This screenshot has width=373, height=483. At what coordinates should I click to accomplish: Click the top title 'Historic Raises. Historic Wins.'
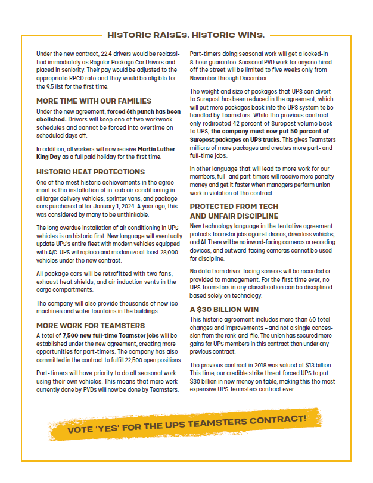(186, 35)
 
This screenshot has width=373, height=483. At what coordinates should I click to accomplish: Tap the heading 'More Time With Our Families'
(94, 101)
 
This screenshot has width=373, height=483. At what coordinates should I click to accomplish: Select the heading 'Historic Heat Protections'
(90, 172)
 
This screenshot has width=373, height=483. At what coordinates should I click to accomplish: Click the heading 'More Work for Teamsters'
(90, 325)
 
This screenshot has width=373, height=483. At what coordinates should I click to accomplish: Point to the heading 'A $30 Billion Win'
(224, 310)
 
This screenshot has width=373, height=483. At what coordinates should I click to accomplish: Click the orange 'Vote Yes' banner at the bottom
(186, 422)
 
